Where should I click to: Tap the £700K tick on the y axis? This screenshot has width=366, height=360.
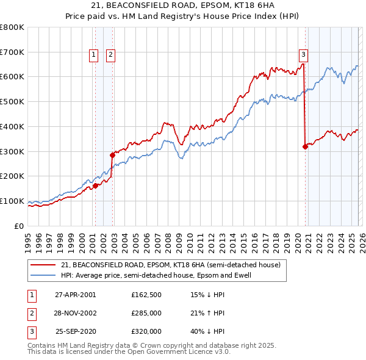point(13,52)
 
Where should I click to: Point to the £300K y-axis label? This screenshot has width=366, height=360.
point(13,151)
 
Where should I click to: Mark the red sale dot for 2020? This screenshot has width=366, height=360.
point(305,146)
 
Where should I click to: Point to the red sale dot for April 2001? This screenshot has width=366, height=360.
point(96,185)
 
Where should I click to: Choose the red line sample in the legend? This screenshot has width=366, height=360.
point(43,265)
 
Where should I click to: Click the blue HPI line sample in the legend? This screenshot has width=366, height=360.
point(43,276)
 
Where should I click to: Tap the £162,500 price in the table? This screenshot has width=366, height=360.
point(146,295)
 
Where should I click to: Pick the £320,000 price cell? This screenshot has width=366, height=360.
point(146,331)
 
